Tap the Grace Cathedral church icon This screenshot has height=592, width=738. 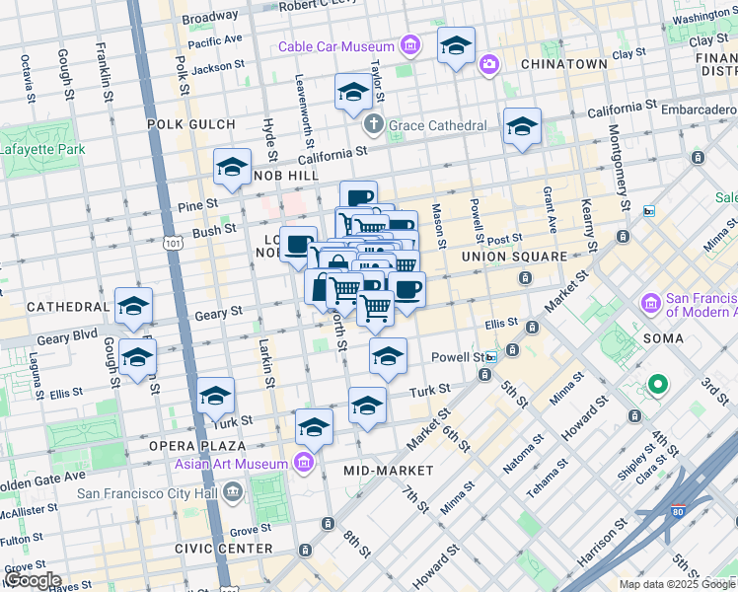[x=373, y=125]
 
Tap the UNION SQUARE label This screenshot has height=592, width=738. [x=514, y=257]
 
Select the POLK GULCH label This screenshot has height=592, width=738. [x=191, y=124]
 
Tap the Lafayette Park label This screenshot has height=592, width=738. [x=42, y=150]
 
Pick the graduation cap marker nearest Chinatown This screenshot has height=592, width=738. [x=456, y=45]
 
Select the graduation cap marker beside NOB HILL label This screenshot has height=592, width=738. [x=233, y=167]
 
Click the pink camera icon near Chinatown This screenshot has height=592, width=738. [x=488, y=65]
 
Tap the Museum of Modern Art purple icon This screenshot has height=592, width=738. [x=651, y=302]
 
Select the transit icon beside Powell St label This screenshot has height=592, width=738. [x=514, y=351]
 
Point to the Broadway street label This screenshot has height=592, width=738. [x=210, y=18]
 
